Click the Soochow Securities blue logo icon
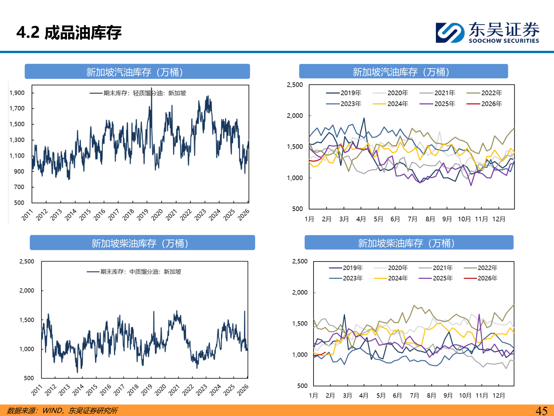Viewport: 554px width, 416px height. click(449, 32)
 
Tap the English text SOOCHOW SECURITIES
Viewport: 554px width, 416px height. click(504, 41)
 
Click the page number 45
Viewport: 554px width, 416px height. click(541, 411)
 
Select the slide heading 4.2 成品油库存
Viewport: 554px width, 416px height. click(69, 32)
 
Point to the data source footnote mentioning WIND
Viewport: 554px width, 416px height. click(62, 411)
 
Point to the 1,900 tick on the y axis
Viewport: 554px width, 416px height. click(17, 93)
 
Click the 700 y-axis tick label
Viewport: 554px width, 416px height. click(19, 187)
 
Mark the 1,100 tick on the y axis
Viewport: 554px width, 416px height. click(17, 156)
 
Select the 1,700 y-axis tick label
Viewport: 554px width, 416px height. click(17, 108)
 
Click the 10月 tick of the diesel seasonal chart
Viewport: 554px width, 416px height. click(465, 396)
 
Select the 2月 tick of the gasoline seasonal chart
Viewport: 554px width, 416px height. click(327, 219)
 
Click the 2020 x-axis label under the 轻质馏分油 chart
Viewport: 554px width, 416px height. click(157, 215)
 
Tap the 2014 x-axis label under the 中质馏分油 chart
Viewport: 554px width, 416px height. click(78, 390)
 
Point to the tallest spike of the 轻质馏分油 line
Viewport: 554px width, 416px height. click(152, 89)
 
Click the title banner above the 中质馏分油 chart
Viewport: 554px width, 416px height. click(142, 243)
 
